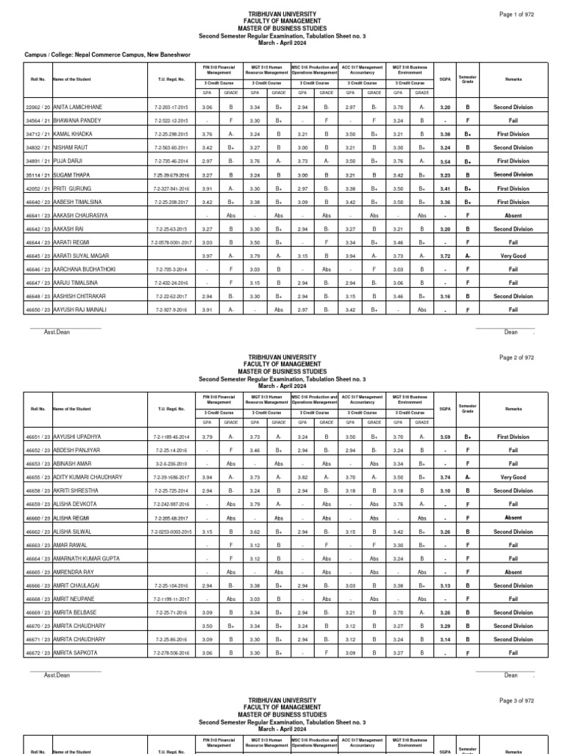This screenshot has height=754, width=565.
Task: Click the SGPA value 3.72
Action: tap(444, 256)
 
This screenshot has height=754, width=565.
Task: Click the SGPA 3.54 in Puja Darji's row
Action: tap(444, 161)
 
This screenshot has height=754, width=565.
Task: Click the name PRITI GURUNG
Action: tap(74, 188)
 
